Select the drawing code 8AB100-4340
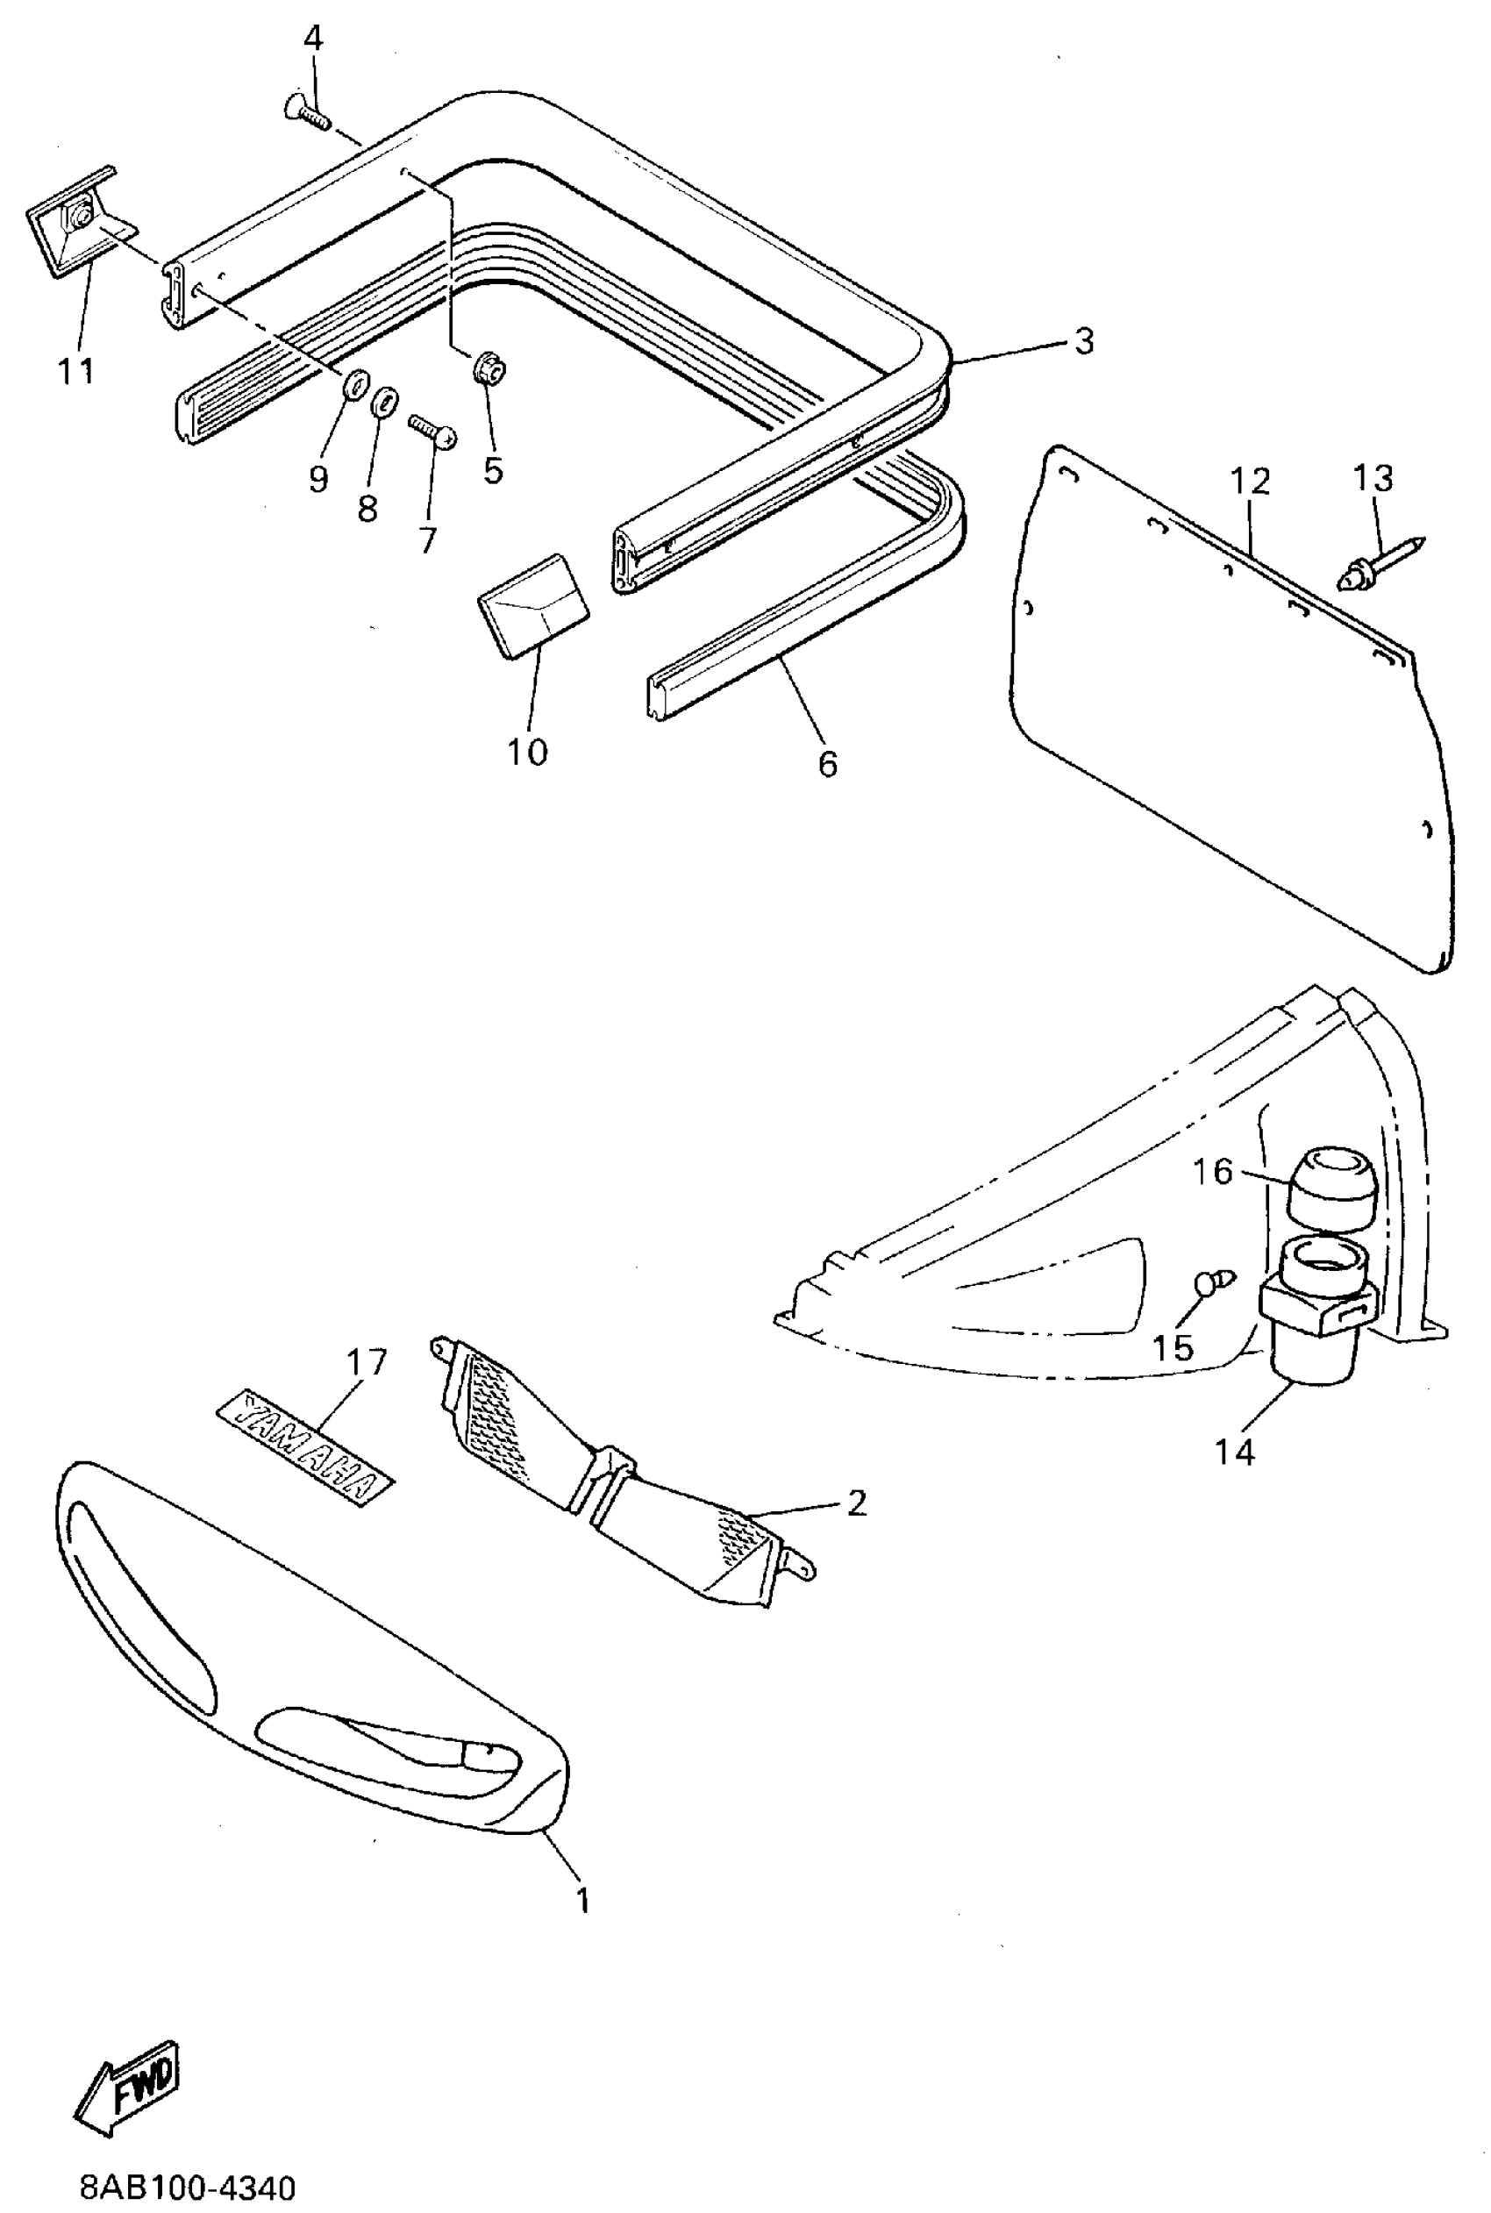[188, 2187]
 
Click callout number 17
[367, 1363]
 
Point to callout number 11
[76, 371]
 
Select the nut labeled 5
[488, 368]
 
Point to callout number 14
[1233, 1452]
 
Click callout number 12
[1251, 482]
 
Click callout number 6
[827, 764]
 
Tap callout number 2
[856, 1503]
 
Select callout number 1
[583, 1900]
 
